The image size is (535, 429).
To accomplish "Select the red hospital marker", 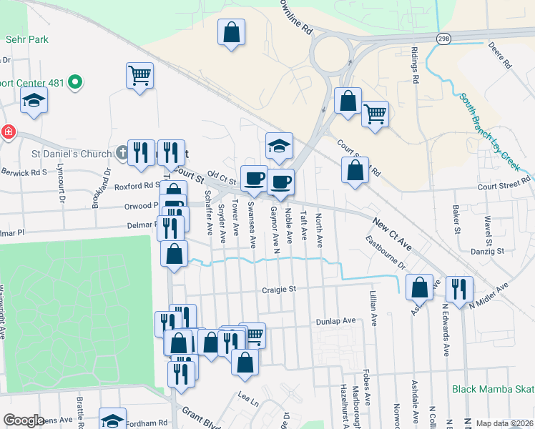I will tap(8, 132).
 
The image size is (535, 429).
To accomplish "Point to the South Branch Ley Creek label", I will tap(490, 132).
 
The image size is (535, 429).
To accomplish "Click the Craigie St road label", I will tap(278, 290).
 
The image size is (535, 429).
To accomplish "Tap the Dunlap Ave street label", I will tap(336, 322).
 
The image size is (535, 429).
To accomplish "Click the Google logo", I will tap(24, 420).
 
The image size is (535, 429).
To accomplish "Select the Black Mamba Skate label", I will tap(493, 390).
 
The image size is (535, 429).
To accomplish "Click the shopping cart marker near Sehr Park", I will tap(140, 75).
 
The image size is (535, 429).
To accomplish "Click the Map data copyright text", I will tap(504, 423).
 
